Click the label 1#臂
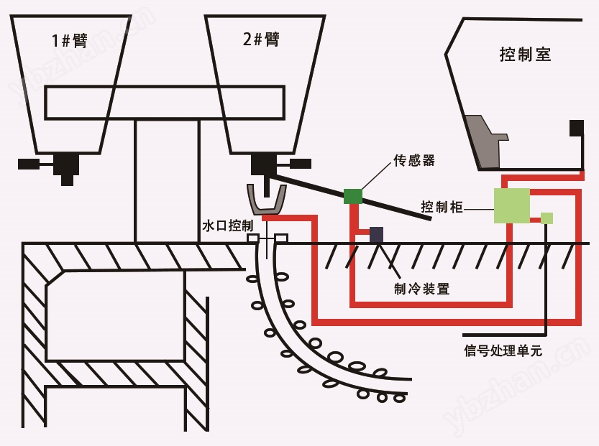[x=70, y=40]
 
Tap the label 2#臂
[x=261, y=39]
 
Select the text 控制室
[x=525, y=54]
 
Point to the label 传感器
[x=414, y=160]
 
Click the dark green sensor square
[x=353, y=196]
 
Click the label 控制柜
[x=442, y=207]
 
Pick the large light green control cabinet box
[x=511, y=205]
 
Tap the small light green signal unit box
[x=547, y=218]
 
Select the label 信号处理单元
[x=503, y=350]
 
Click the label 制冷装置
[x=421, y=289]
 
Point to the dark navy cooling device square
[x=376, y=235]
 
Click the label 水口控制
[x=228, y=226]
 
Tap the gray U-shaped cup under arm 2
[x=266, y=204]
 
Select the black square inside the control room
[x=577, y=128]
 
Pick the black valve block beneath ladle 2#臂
[x=265, y=164]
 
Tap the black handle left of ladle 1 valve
[x=29, y=164]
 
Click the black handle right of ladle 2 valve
[x=301, y=164]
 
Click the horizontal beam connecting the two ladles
[x=165, y=103]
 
